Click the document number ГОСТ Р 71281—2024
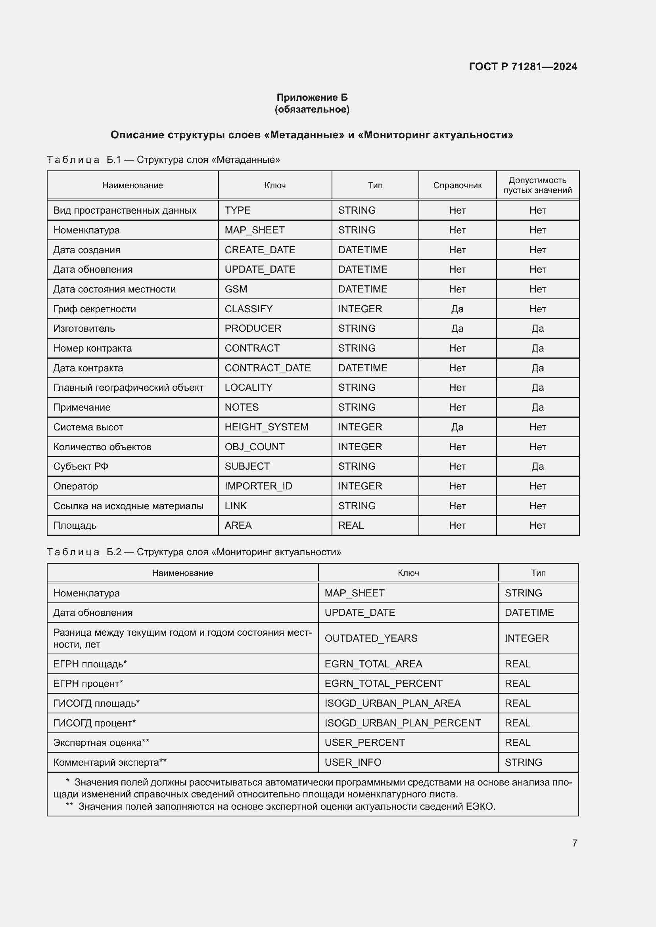click(523, 67)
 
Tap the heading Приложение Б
click(312, 97)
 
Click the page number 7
click(574, 843)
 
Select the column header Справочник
click(457, 185)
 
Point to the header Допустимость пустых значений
click(537, 185)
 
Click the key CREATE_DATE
click(260, 250)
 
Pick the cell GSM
click(236, 289)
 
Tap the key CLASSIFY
click(248, 309)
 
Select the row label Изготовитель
click(84, 329)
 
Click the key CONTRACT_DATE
click(267, 368)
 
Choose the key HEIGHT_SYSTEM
click(266, 427)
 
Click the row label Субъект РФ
click(81, 466)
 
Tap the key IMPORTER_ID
click(258, 486)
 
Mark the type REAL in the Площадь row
click(351, 525)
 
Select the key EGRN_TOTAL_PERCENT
click(384, 684)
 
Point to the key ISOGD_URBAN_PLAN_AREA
click(392, 703)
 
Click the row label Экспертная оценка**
click(102, 742)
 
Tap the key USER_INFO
click(353, 762)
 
